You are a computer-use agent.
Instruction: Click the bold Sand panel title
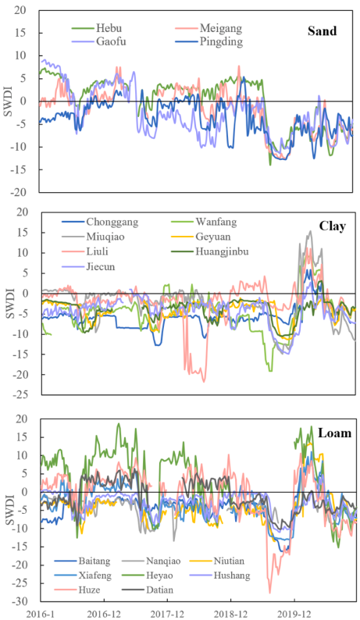click(322, 31)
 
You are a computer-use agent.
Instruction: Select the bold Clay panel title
click(333, 226)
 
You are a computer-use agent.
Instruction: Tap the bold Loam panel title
click(336, 433)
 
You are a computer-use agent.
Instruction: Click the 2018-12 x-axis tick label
click(230, 614)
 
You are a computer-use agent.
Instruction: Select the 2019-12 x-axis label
click(294, 614)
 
